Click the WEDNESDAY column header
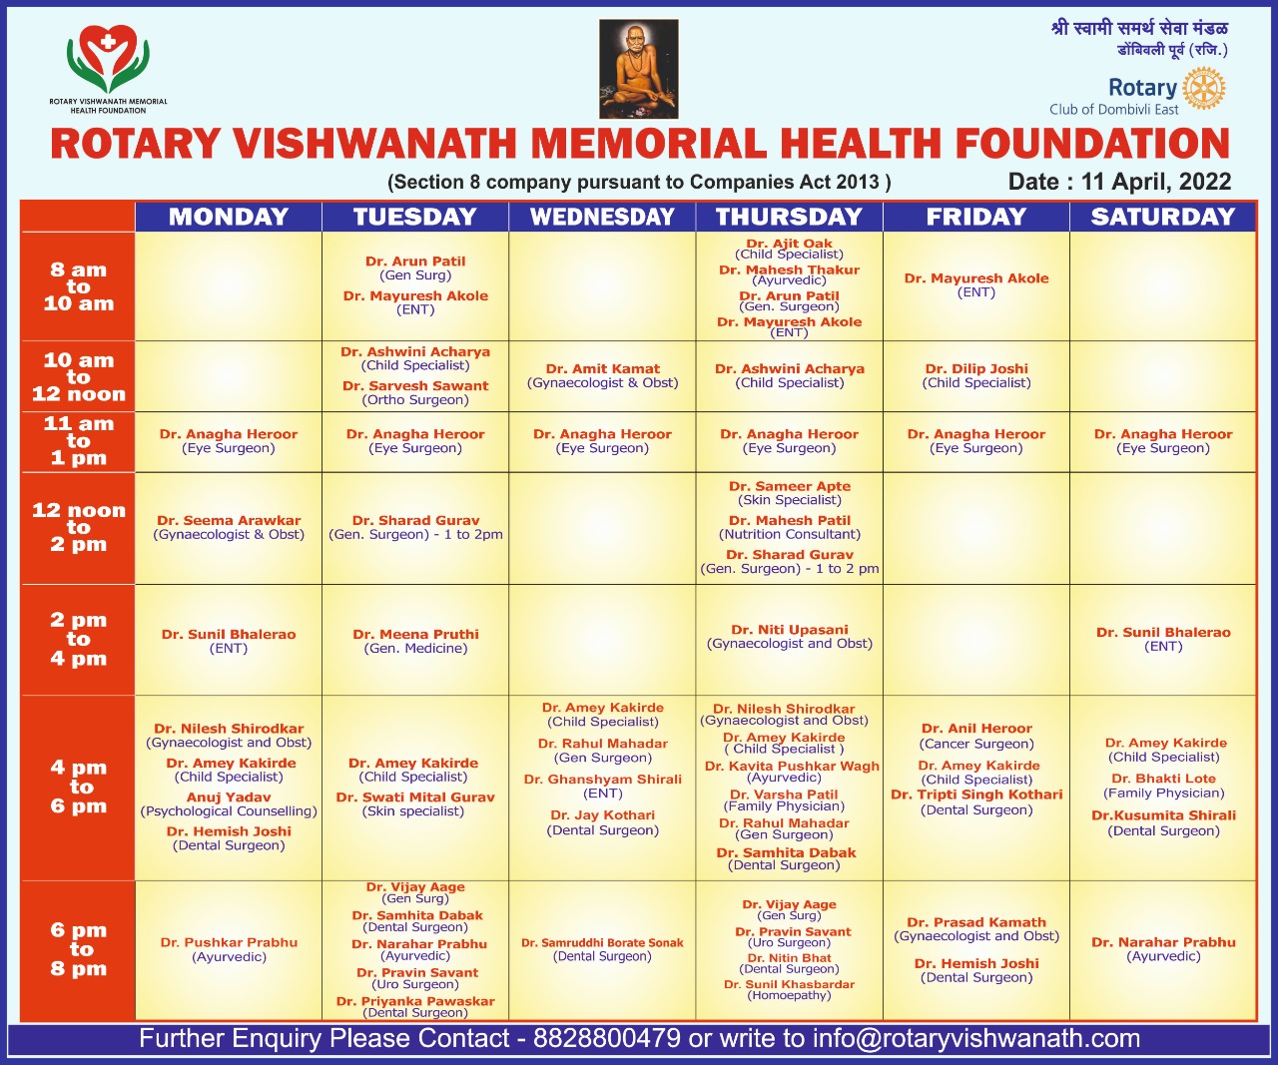point(602,217)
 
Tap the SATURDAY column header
point(1162,217)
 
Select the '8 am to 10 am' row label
point(78,286)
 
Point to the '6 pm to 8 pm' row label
point(78,949)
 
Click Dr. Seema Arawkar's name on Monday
point(229,520)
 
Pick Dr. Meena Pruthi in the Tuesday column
point(415,634)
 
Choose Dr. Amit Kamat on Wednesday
point(602,368)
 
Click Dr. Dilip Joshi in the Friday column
point(975,368)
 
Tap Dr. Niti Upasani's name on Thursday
point(789,630)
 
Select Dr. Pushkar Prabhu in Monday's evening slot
point(229,942)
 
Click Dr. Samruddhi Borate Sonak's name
point(602,942)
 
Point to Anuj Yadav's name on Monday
point(229,798)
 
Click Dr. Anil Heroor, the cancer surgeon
point(975,729)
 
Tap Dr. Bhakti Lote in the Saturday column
point(1163,779)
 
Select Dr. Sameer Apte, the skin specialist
point(789,486)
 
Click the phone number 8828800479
point(607,1038)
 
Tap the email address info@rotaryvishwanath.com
point(975,1038)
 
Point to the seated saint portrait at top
point(638,69)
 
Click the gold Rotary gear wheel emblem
point(1204,89)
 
